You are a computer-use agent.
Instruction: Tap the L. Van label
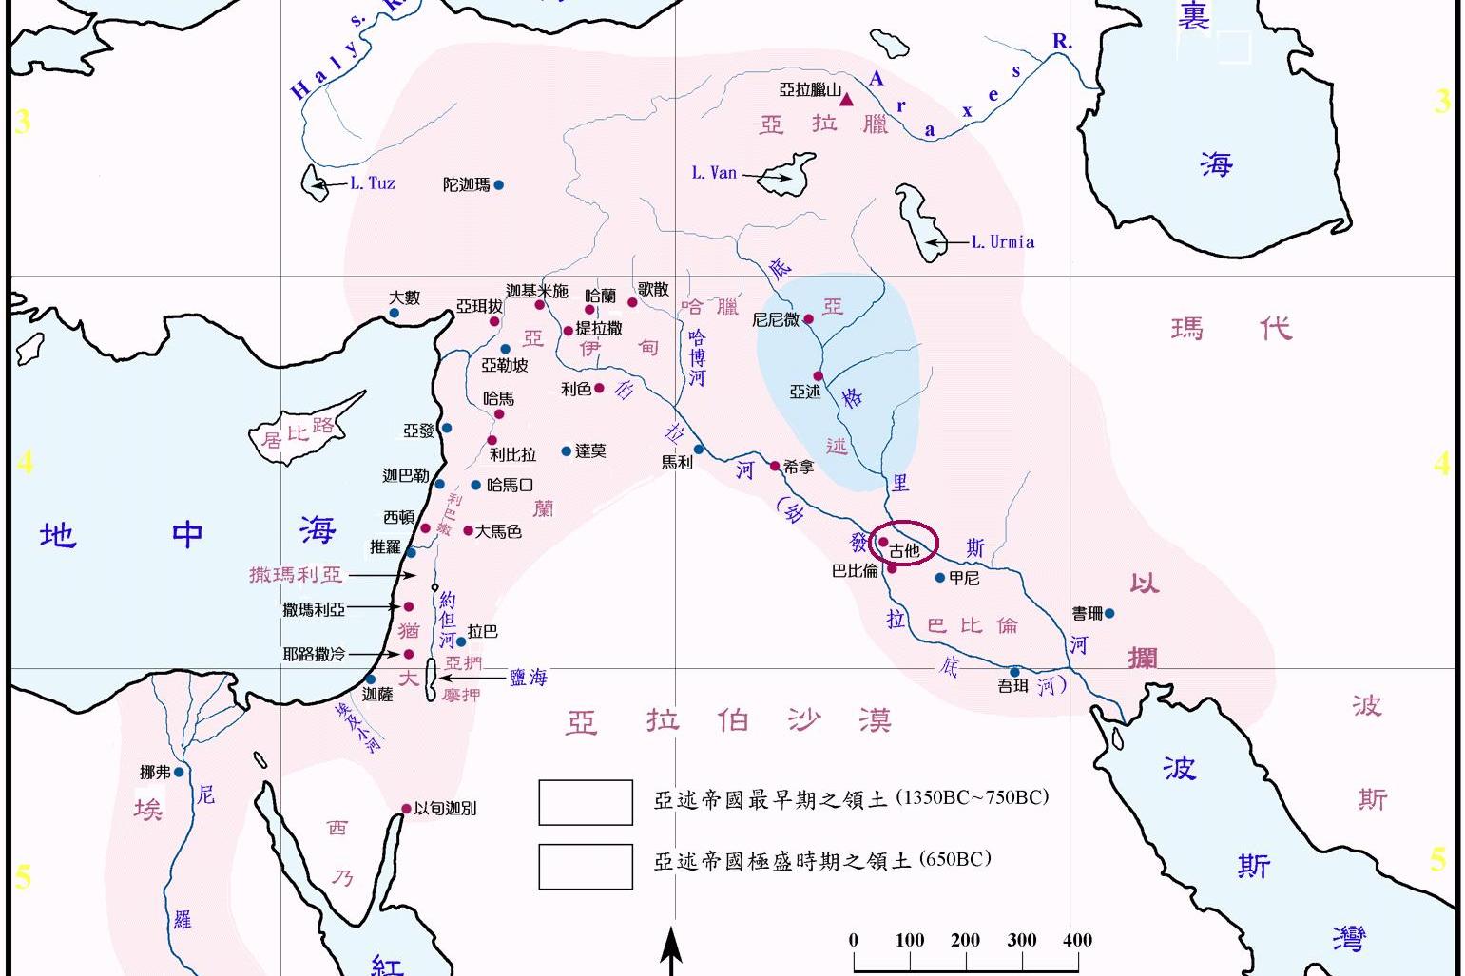point(714,173)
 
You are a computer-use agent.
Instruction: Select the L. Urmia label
point(1002,242)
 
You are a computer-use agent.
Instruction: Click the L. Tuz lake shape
point(314,182)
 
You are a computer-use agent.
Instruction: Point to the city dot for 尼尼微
point(809,319)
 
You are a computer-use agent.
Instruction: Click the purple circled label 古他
point(904,550)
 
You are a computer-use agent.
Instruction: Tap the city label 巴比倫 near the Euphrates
point(854,570)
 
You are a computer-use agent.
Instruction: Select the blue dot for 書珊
point(1109,614)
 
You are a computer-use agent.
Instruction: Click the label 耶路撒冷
point(315,654)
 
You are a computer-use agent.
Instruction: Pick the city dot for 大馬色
point(468,530)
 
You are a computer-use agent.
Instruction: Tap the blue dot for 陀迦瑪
point(498,185)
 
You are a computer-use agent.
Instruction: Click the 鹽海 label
point(528,677)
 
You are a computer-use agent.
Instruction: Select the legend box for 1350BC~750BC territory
point(586,802)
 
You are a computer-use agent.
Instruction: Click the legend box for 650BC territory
point(586,866)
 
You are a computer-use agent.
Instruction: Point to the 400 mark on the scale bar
point(1077,940)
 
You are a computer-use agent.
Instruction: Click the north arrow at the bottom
point(672,949)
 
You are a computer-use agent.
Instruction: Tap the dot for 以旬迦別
point(406,809)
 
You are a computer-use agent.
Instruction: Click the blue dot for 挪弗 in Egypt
point(179,773)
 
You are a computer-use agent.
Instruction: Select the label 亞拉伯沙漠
point(729,721)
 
